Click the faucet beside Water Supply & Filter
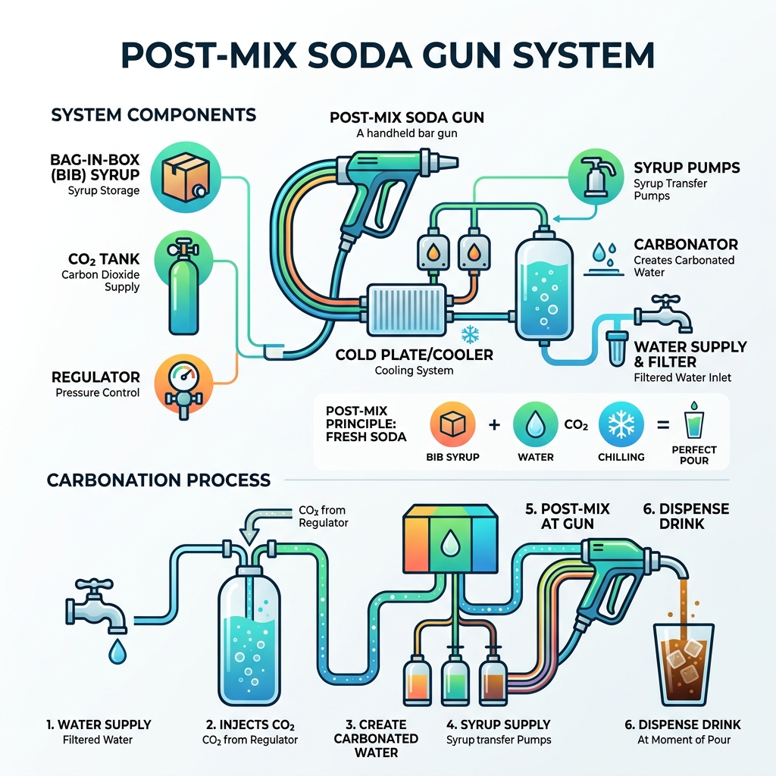(664, 314)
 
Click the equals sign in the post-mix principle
(662, 425)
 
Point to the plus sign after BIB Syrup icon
(494, 425)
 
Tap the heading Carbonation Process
(158, 480)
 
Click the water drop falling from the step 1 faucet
(117, 651)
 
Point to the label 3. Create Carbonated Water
(377, 738)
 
